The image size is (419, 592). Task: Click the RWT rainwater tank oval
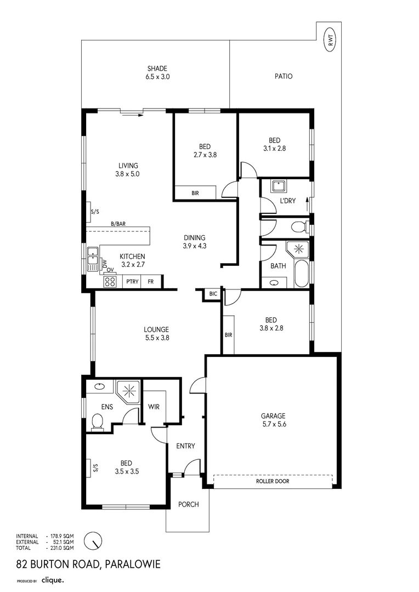[331, 39]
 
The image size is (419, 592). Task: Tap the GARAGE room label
[273, 415]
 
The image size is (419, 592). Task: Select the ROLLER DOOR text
[273, 481]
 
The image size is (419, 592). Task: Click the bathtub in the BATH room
[302, 274]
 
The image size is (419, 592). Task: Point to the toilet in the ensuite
[98, 422]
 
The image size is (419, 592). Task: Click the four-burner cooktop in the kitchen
[110, 281]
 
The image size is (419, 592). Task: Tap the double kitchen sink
[92, 259]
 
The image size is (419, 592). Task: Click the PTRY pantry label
[132, 281]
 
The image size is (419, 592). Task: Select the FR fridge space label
[151, 281]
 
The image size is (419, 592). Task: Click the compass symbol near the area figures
[93, 541]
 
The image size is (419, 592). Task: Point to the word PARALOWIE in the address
[133, 564]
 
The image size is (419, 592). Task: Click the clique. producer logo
[53, 580]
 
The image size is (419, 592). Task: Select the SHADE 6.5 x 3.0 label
[157, 72]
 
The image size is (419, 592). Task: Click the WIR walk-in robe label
[154, 407]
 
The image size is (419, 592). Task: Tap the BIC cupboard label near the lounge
[213, 293]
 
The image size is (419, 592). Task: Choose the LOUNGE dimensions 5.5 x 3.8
[157, 338]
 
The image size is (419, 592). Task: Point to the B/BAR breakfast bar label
[118, 224]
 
